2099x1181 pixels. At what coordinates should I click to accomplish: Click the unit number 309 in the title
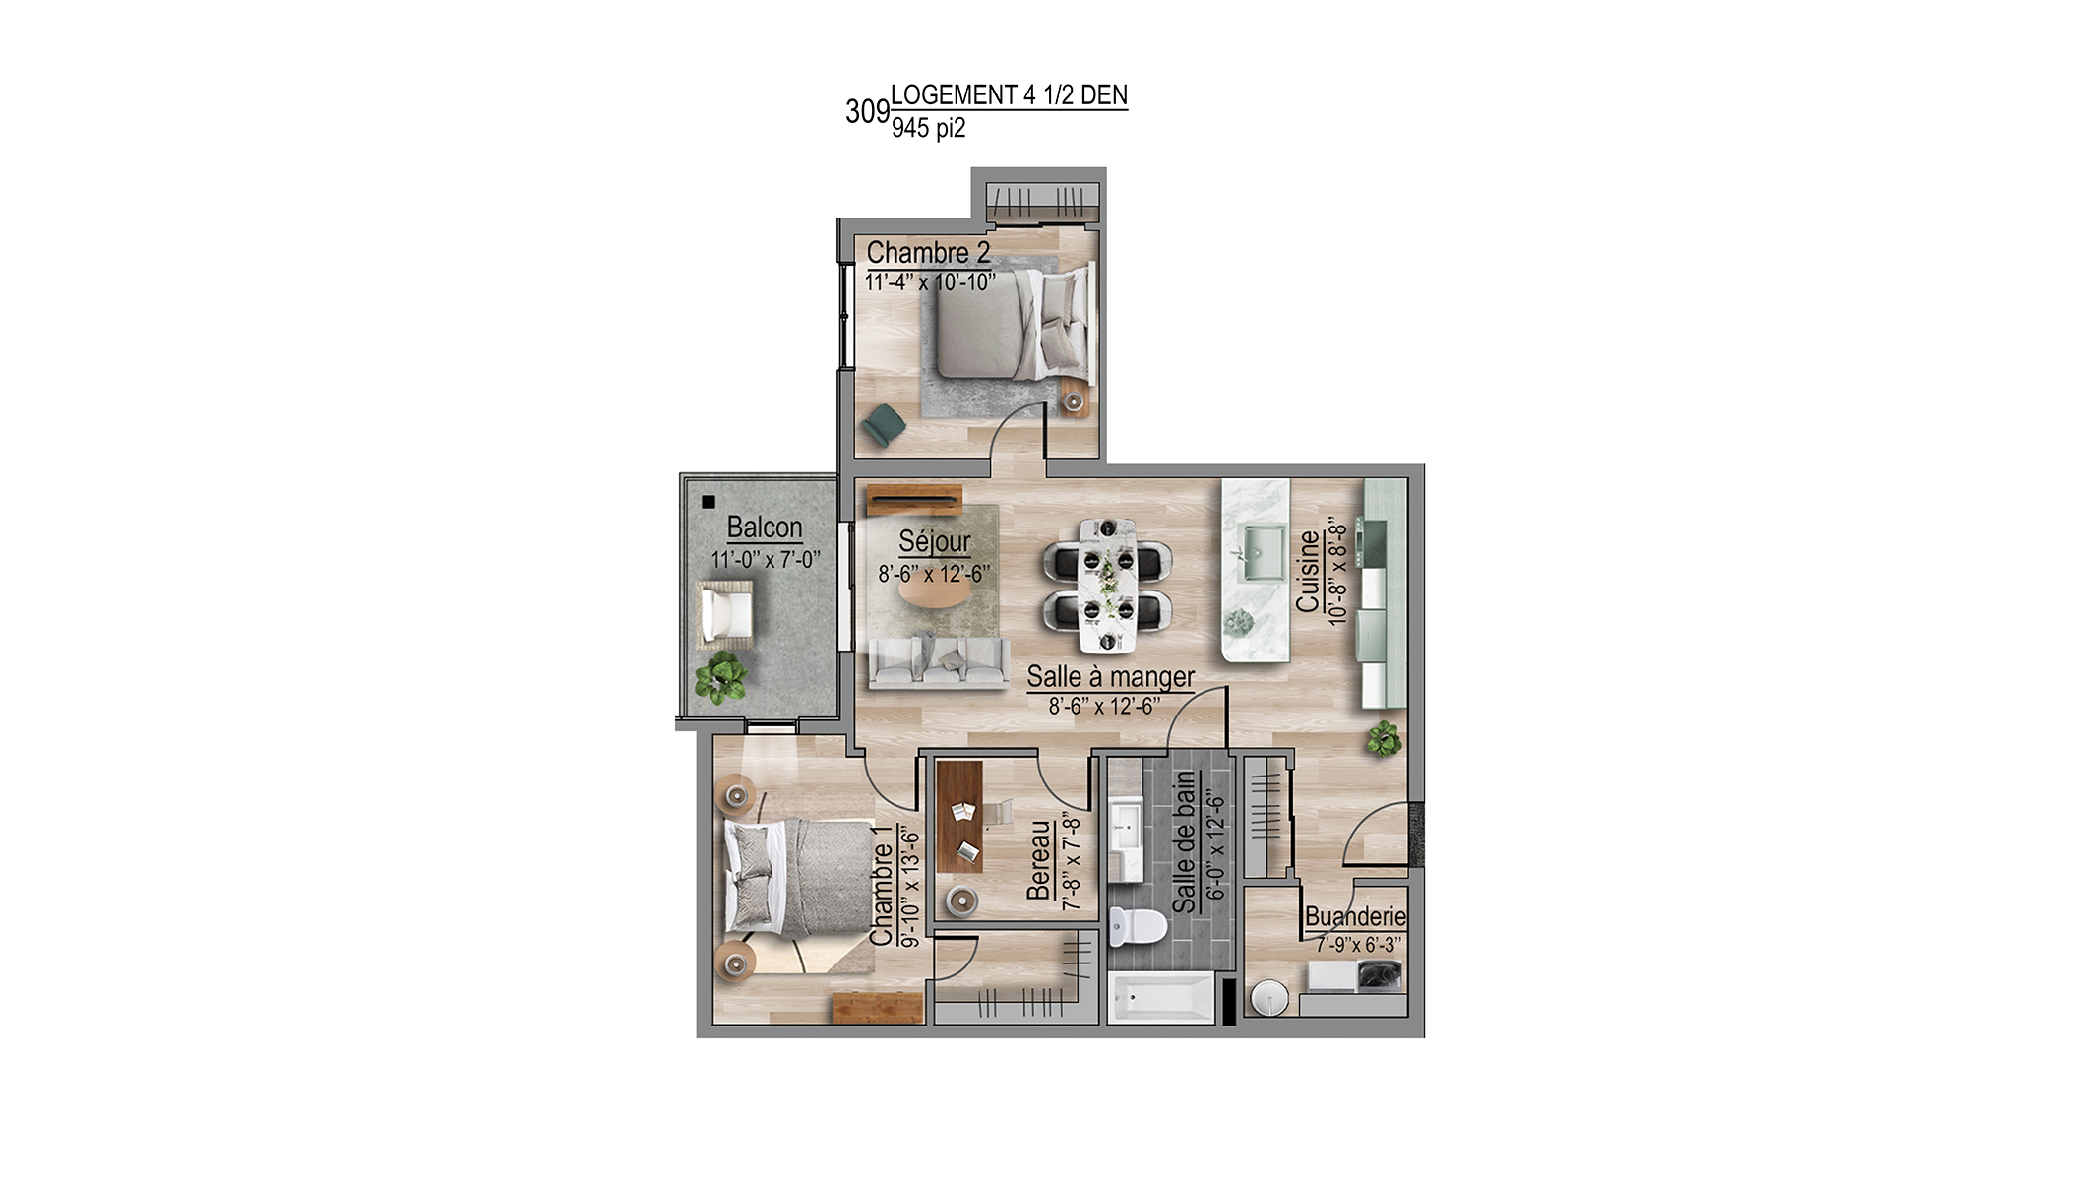tap(867, 112)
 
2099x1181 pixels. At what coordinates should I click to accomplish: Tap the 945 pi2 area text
tap(928, 128)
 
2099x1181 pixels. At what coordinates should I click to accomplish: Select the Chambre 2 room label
tap(928, 253)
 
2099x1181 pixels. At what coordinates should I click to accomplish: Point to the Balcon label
tap(765, 528)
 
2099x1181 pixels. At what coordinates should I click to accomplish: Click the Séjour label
tap(934, 542)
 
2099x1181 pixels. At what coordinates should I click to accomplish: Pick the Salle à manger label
tap(1110, 677)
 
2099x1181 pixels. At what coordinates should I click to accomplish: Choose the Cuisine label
tap(1308, 571)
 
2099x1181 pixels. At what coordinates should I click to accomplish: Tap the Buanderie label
tap(1355, 916)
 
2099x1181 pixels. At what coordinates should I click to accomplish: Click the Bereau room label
tap(1039, 860)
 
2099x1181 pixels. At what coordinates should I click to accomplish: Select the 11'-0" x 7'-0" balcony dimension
tap(765, 559)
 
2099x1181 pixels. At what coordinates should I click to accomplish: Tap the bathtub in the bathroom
tap(1161, 997)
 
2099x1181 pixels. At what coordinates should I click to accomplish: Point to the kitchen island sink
tap(1261, 552)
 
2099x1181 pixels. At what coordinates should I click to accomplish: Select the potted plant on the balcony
tap(720, 677)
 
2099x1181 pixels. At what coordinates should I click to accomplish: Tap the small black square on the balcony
tap(708, 502)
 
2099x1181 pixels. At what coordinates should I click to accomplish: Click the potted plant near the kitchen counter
tap(1383, 737)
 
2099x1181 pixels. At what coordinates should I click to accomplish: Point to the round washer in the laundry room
tap(1268, 996)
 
